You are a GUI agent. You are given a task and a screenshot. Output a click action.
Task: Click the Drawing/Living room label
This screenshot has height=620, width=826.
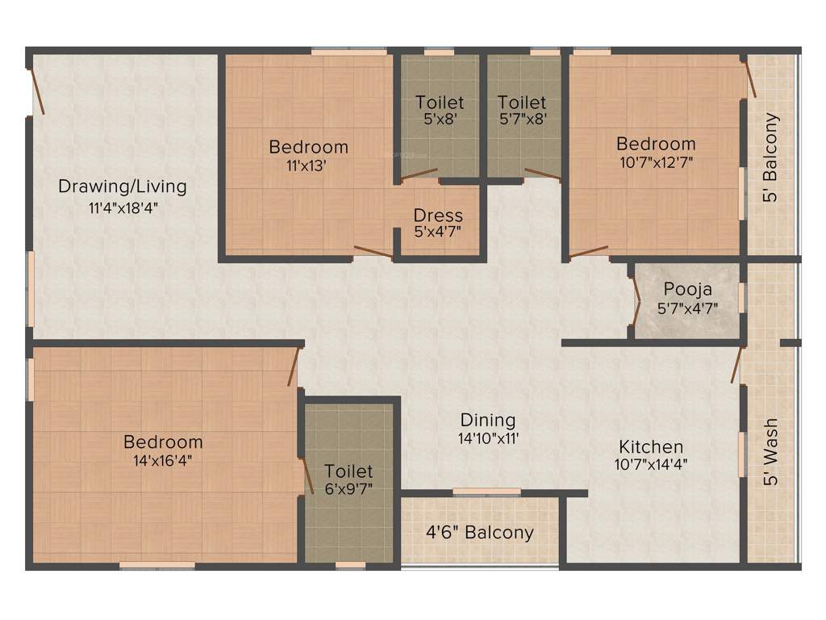122,186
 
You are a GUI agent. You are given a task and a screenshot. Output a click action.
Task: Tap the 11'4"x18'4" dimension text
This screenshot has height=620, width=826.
122,207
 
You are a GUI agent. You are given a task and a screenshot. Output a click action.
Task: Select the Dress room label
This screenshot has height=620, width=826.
438,216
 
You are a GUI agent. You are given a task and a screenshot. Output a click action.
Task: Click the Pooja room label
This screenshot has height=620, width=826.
687,289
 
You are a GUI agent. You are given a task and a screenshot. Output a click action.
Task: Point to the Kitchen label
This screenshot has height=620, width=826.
651,446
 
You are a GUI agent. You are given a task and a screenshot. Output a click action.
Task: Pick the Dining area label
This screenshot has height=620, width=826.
487,420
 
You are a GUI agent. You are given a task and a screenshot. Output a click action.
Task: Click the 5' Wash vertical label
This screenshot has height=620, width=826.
771,452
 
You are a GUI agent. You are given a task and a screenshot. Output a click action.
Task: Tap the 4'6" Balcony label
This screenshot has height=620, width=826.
480,533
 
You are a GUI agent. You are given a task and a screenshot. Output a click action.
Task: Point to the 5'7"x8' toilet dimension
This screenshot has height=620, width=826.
522,119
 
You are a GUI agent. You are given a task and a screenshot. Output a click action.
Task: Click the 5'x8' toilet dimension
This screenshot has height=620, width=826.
440,119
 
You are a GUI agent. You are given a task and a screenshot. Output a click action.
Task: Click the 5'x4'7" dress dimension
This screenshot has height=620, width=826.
438,233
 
